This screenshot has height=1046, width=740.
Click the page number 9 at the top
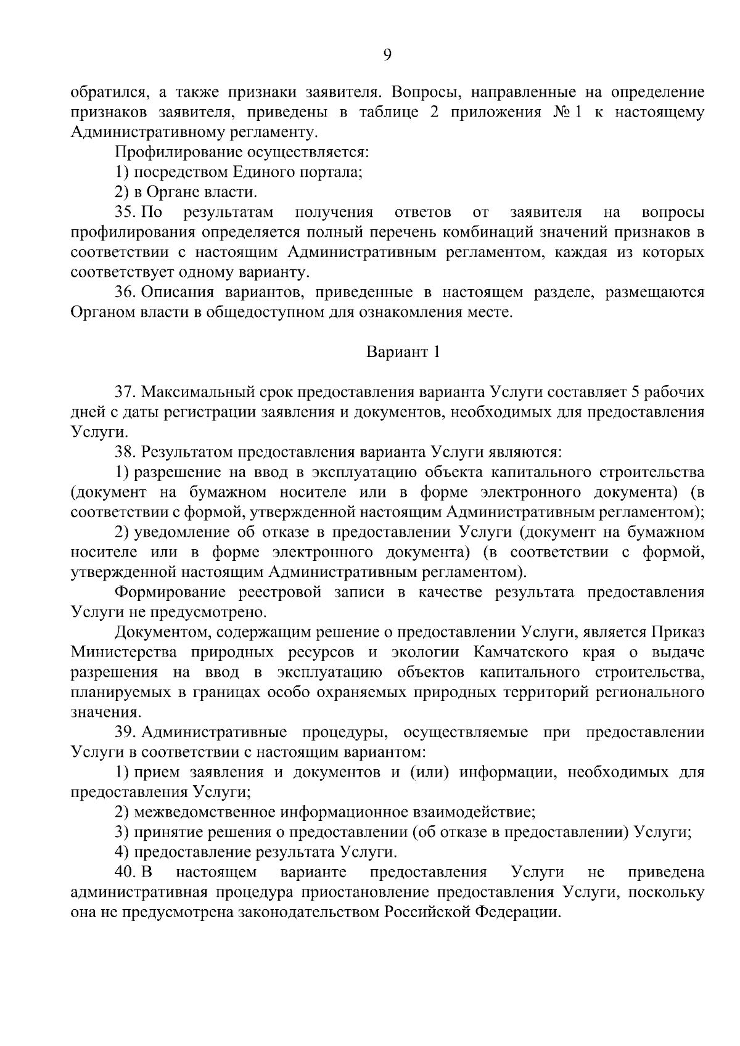pos(387,55)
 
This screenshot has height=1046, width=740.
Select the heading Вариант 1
pos(404,352)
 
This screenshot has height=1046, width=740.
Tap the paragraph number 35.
pos(125,213)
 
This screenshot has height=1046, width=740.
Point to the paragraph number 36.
pos(125,292)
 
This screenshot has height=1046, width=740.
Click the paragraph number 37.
pos(125,392)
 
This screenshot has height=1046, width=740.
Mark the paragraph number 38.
pos(125,452)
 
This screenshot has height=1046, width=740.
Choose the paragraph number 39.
pos(125,732)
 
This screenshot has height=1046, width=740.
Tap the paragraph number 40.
pos(125,872)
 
